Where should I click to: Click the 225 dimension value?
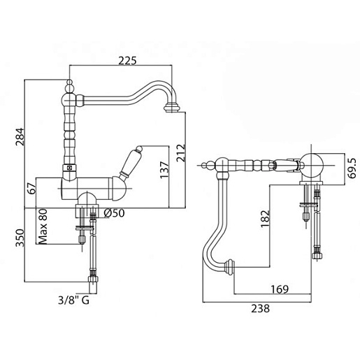click(x=127, y=61)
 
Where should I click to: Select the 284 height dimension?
click(x=20, y=137)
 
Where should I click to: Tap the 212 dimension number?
click(x=181, y=153)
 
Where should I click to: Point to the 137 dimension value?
click(x=164, y=170)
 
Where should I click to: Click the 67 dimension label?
click(x=32, y=189)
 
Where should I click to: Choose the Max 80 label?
click(x=43, y=226)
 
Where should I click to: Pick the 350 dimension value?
click(x=20, y=238)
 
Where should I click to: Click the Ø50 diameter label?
click(x=114, y=213)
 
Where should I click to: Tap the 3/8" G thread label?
click(x=73, y=301)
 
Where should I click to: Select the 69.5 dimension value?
click(x=352, y=168)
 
